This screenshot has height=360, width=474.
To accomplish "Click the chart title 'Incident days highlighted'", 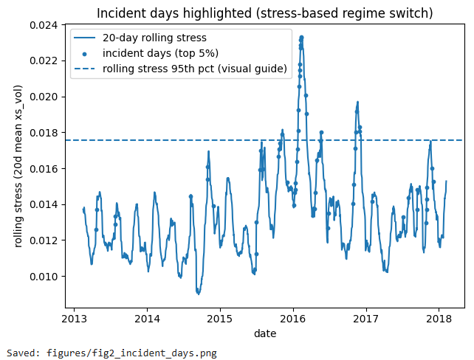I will click(x=265, y=14).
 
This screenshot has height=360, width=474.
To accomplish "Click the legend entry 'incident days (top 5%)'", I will click(x=156, y=54).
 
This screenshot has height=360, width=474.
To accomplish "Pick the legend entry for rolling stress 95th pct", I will click(x=194, y=69).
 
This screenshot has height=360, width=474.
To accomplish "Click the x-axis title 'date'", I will click(x=265, y=333).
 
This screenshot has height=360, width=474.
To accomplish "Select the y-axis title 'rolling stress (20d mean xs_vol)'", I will click(x=18, y=167).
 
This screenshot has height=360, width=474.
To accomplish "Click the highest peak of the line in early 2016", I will click(x=301, y=35).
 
